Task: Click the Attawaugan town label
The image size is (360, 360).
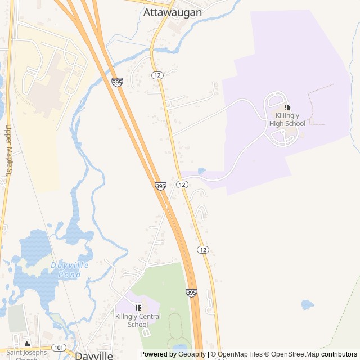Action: click(172, 11)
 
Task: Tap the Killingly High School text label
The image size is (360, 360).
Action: click(287, 119)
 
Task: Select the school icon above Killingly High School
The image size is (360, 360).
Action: click(287, 107)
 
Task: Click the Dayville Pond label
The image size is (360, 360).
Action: click(73, 270)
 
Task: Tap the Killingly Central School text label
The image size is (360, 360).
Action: click(138, 321)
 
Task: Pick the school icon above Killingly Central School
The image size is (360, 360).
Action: click(138, 308)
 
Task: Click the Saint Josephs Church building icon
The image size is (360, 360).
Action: click(26, 344)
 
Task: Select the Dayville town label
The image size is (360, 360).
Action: click(94, 355)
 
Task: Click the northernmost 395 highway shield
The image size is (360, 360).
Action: click(117, 82)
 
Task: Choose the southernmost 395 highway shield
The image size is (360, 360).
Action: click(191, 292)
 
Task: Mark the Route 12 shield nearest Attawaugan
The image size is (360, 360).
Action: click(157, 75)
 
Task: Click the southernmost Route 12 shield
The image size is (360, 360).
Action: click(203, 249)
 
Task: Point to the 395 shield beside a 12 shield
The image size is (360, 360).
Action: click(160, 186)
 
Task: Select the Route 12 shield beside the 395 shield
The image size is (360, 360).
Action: click(182, 184)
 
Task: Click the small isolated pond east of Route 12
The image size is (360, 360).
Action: click(307, 304)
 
